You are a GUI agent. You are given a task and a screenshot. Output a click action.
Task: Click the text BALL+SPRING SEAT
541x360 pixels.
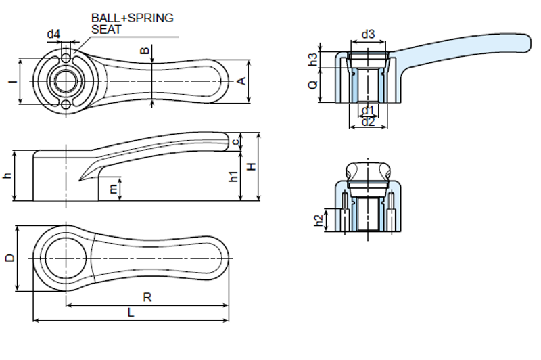pyautogui.click(x=132, y=24)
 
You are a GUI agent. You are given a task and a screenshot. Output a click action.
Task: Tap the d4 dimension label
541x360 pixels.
pyautogui.click(x=53, y=33)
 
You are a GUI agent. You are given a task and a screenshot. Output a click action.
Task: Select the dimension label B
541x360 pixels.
pyautogui.click(x=144, y=50)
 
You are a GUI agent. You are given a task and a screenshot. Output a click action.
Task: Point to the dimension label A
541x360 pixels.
pyautogui.click(x=241, y=81)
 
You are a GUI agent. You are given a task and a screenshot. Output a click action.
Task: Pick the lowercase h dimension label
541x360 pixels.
pyautogui.click(x=7, y=176)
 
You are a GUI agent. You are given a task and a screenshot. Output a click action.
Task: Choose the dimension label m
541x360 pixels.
pyautogui.click(x=113, y=189)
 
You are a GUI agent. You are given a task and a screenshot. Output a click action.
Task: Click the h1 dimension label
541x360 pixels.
pyautogui.click(x=233, y=177)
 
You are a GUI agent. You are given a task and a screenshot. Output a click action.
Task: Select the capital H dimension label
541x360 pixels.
pyautogui.click(x=251, y=167)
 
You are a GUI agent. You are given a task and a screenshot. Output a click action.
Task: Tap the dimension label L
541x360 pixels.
pyautogui.click(x=131, y=313)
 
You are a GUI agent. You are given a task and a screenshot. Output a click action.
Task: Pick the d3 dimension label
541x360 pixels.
pyautogui.click(x=368, y=34)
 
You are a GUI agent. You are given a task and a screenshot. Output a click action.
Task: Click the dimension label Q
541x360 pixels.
pyautogui.click(x=312, y=85)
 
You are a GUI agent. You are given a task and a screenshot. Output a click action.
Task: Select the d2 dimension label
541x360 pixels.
pyautogui.click(x=368, y=122)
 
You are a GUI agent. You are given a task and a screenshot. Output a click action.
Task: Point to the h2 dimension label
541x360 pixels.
pyautogui.click(x=319, y=219)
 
